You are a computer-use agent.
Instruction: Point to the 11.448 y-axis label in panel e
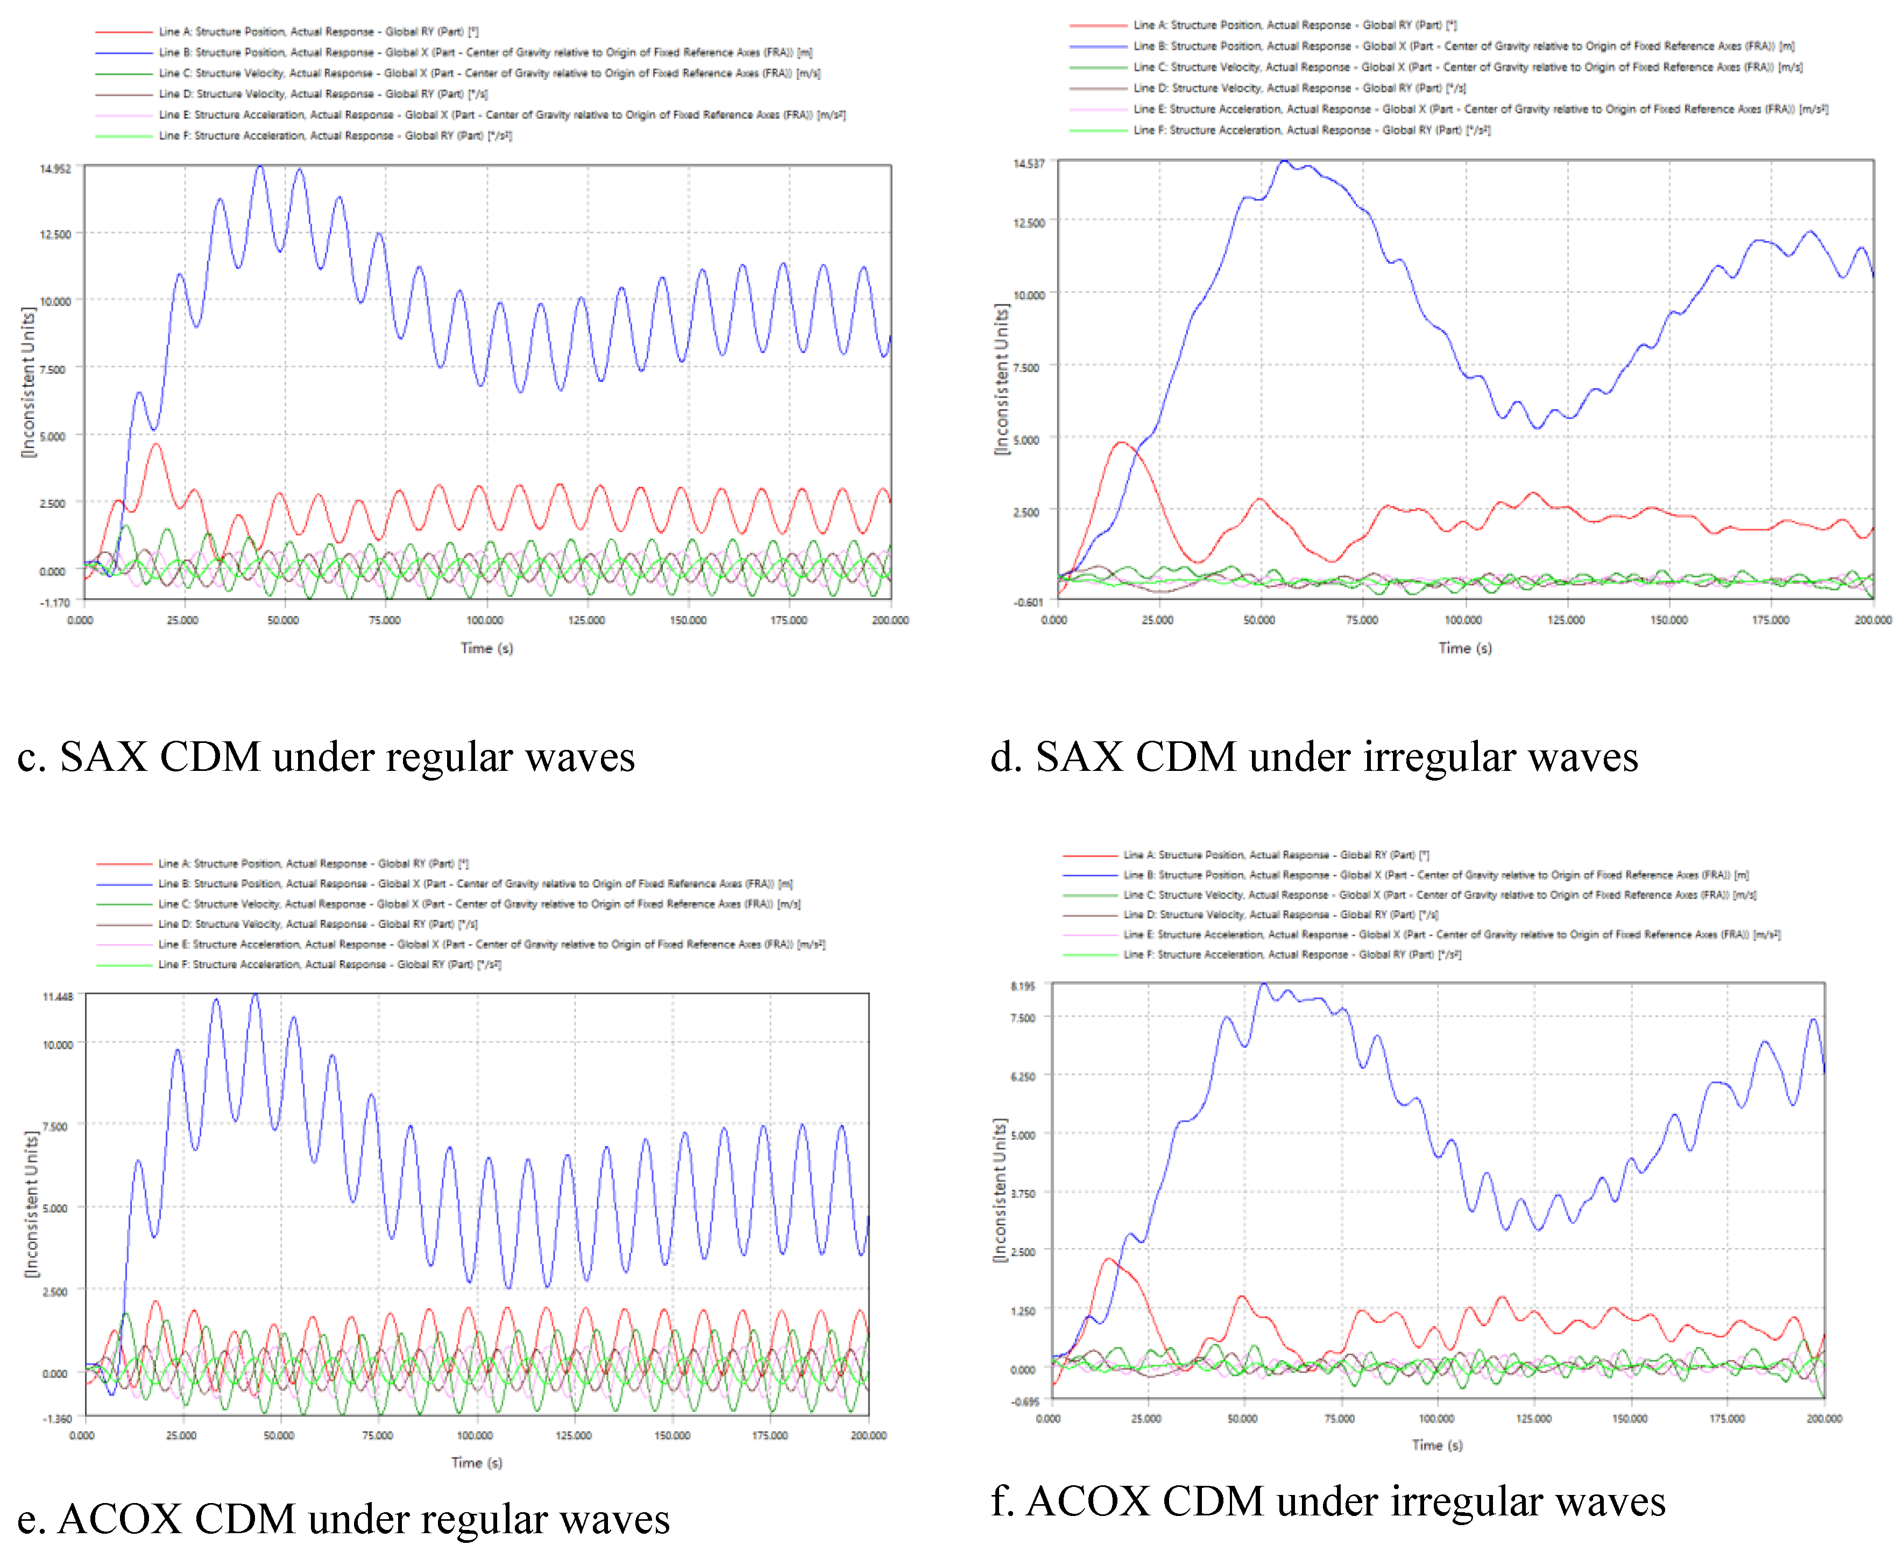(x=58, y=997)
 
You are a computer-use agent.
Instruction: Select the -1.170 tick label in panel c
(x=55, y=603)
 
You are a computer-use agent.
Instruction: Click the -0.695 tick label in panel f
(x=1025, y=1402)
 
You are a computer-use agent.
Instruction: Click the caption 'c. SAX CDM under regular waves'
(x=326, y=757)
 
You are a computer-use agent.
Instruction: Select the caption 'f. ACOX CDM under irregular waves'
(x=1327, y=1501)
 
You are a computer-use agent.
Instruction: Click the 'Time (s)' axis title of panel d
(x=1465, y=648)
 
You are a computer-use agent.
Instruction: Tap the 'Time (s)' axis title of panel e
(x=476, y=1463)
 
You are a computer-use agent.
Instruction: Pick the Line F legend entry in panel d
(x=1311, y=130)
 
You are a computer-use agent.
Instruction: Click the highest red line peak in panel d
(x=1121, y=443)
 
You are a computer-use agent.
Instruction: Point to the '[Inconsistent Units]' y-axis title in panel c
(x=29, y=381)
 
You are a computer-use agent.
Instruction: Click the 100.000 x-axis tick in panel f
(x=1436, y=1419)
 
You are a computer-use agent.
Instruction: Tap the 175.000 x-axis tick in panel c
(x=789, y=621)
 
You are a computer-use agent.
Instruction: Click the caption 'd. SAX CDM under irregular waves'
(x=1314, y=757)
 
